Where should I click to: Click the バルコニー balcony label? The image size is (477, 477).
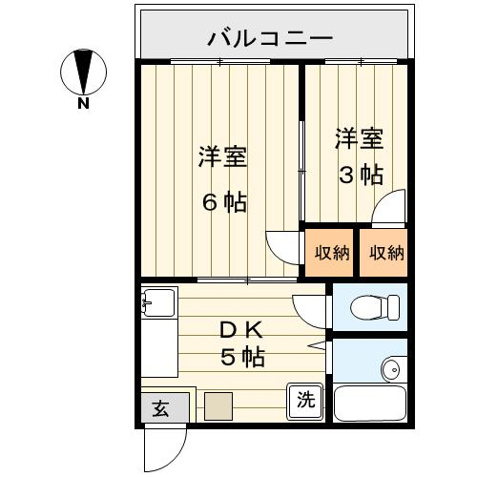270,39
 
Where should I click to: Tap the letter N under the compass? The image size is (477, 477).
83,103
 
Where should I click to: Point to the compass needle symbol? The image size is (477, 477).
83,73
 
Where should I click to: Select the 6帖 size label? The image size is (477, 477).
225,202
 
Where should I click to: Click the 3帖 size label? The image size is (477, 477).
361,175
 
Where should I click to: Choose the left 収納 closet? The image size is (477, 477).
329,253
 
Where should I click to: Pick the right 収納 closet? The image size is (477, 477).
384,253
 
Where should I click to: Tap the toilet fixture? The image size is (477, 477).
375,307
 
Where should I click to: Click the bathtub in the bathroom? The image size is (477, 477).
370,403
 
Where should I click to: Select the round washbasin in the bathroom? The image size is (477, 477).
394,369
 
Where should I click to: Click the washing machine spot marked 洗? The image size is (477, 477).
305,401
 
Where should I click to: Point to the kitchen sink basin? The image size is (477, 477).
158,302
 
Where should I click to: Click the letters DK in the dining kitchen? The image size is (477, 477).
241,331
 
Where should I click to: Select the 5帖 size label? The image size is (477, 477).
242,358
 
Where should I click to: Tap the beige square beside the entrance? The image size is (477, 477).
218,406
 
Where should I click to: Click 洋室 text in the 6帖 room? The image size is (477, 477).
222,156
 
